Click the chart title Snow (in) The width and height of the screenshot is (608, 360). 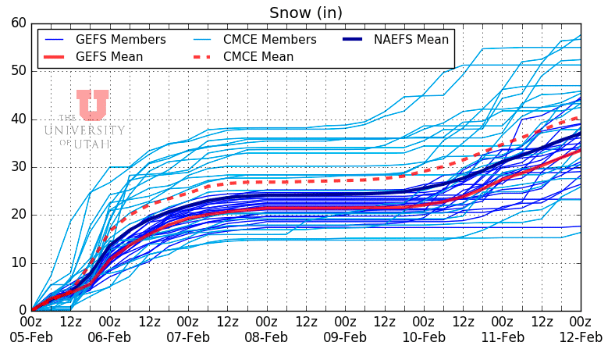(306, 12)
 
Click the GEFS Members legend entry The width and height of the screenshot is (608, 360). (120, 39)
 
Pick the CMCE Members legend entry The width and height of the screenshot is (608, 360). (270, 39)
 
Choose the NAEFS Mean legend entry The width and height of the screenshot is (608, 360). (411, 39)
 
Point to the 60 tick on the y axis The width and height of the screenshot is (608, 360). (17, 23)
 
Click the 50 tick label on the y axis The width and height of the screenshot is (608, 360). (17, 71)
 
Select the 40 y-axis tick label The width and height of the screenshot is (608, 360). (17, 119)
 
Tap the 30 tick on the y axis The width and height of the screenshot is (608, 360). (17, 166)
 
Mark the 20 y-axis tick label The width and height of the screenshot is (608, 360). (17, 215)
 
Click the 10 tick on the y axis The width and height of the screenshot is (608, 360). (17, 262)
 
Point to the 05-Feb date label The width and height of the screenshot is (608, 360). (31, 337)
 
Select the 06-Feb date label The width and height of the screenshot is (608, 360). (109, 337)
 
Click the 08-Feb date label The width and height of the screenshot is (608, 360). (266, 337)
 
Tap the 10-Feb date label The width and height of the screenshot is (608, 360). (423, 337)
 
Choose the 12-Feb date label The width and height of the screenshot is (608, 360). (579, 337)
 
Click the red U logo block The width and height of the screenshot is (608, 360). (92, 105)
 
